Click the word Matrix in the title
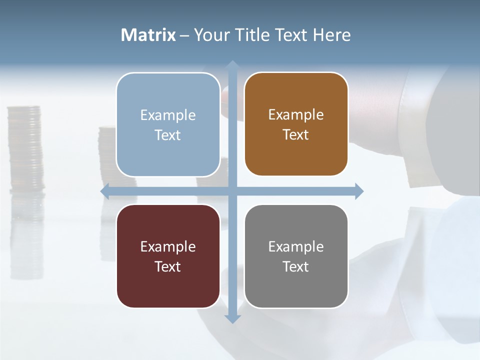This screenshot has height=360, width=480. (148, 35)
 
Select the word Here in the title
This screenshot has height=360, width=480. (332, 35)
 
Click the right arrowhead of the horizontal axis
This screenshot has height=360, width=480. (359, 191)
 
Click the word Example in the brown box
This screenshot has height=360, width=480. (296, 115)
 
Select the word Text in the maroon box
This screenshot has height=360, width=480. (168, 266)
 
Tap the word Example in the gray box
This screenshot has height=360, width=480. (296, 246)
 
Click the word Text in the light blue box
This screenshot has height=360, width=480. (168, 135)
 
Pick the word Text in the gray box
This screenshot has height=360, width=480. (296, 266)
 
